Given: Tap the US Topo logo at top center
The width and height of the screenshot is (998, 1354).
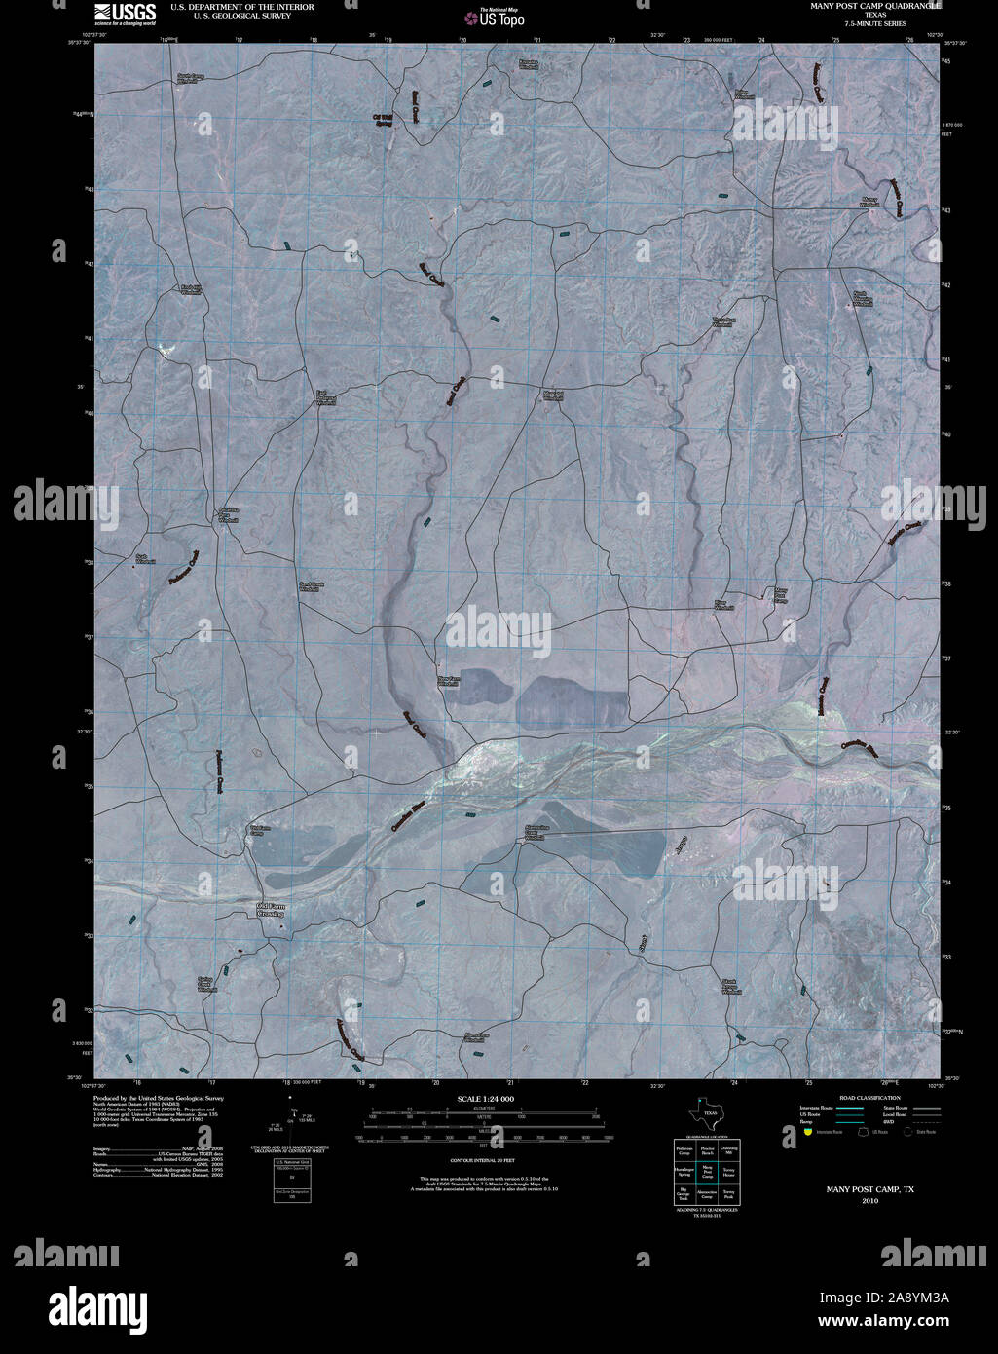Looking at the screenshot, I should click(x=497, y=17).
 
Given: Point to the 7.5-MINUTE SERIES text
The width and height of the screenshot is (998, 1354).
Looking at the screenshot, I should click(x=863, y=23).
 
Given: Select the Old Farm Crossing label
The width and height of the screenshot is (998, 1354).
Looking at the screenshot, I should click(x=270, y=911).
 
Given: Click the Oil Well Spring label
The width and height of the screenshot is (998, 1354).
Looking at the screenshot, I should click(x=384, y=119).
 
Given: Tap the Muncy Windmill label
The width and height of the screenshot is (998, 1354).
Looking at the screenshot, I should click(x=869, y=203).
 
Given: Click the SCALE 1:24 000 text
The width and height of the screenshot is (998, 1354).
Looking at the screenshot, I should click(x=485, y=1099).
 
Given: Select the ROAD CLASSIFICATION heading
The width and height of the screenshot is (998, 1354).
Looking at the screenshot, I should click(x=856, y=1098).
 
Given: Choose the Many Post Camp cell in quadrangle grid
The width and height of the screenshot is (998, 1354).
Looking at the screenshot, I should click(x=708, y=1173).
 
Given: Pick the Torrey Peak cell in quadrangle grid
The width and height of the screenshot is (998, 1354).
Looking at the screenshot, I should click(x=728, y=1194).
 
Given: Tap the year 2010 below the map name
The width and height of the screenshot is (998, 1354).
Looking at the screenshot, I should click(x=869, y=1201).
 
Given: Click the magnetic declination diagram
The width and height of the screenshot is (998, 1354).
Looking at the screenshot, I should click(x=292, y=1123).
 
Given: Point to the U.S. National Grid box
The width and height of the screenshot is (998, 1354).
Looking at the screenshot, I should click(x=291, y=1181).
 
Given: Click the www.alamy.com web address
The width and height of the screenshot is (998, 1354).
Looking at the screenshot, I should click(x=882, y=1322).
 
